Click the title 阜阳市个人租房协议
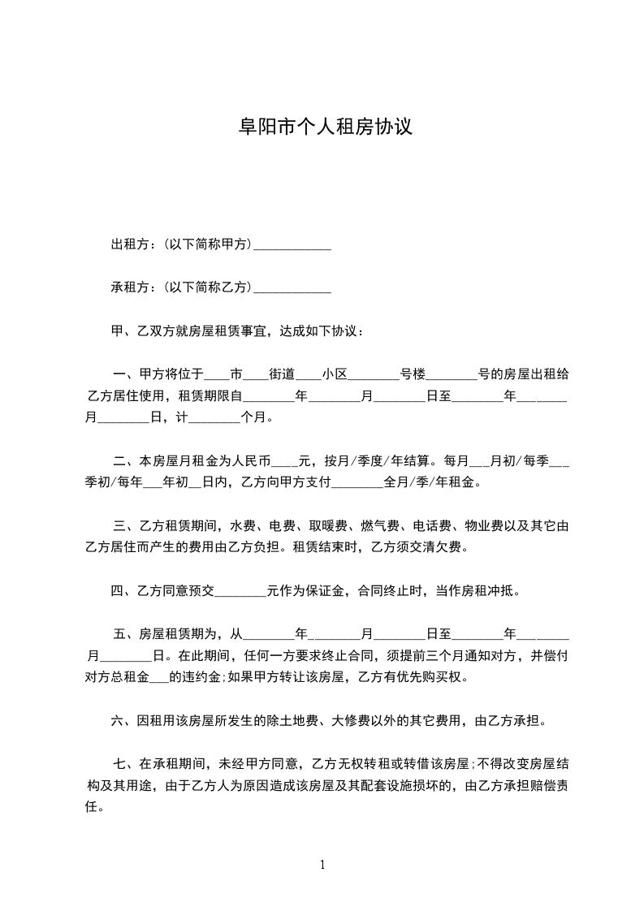pos(322,128)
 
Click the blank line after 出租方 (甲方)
pos(292,244)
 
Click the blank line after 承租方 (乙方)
pos(292,287)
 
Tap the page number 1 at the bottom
pos(322,864)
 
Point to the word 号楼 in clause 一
pos(413,374)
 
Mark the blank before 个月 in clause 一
pos(214,418)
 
